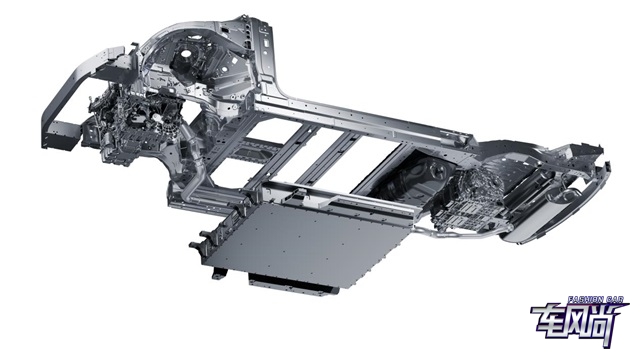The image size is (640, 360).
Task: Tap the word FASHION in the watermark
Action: [585, 300]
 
